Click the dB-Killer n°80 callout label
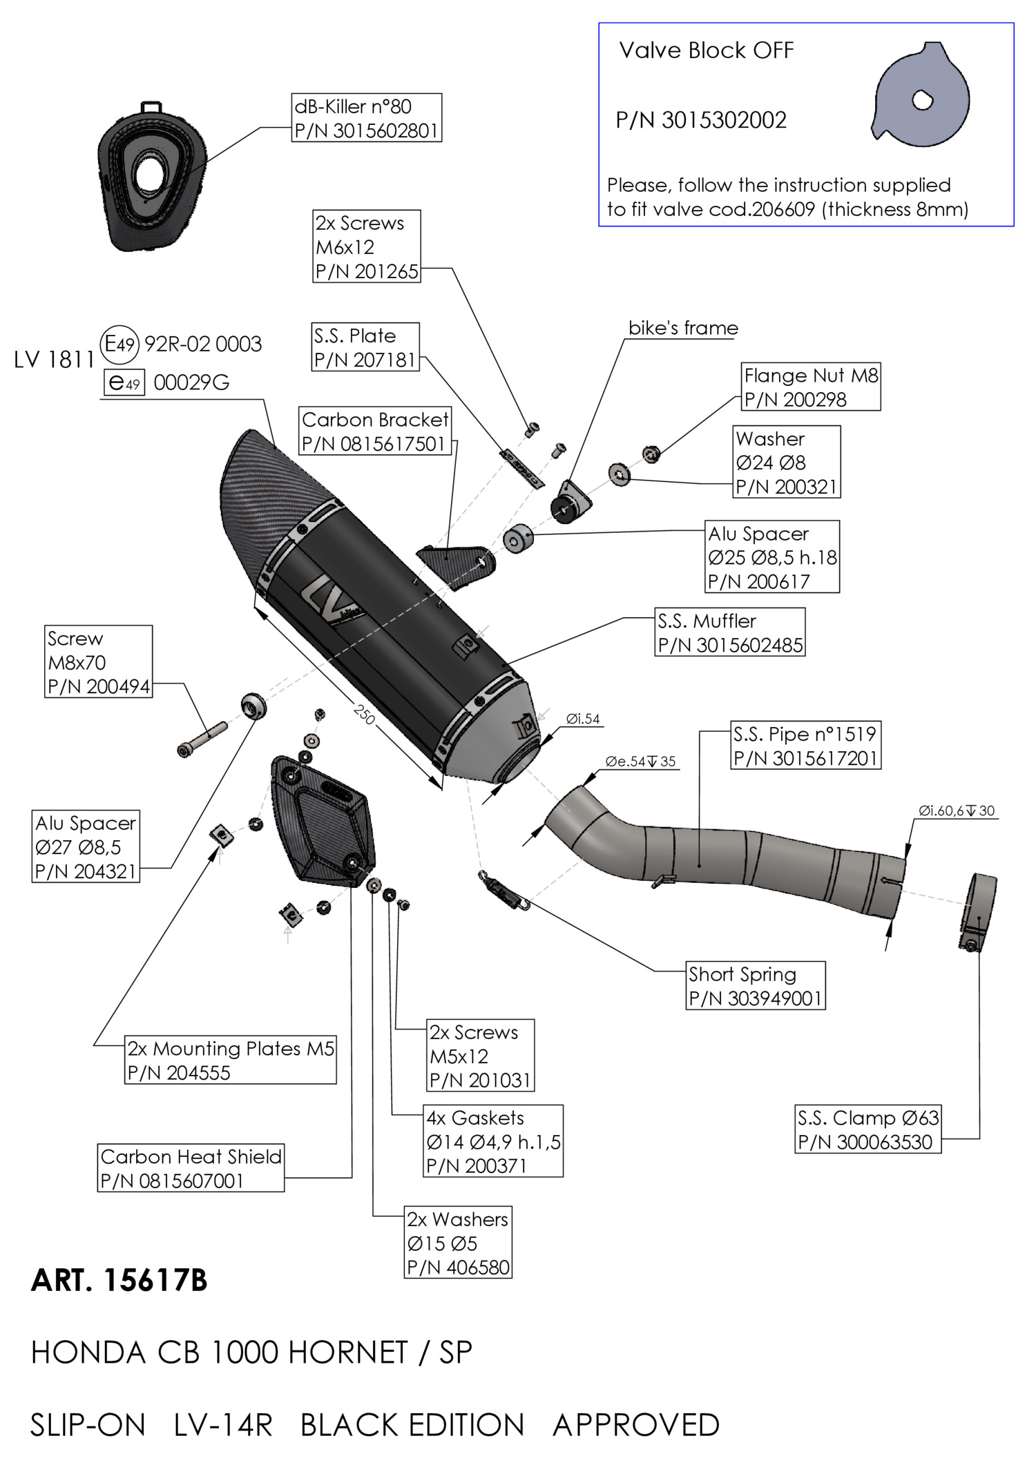tap(367, 118)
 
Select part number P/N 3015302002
tap(701, 121)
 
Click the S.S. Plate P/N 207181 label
tap(365, 347)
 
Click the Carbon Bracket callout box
tap(376, 431)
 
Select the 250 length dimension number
tap(364, 714)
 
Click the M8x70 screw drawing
tap(202, 739)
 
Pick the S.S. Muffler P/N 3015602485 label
tap(730, 632)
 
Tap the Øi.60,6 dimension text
tap(956, 811)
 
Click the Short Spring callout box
tap(756, 986)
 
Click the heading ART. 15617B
tap(119, 1281)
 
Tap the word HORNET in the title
tap(348, 1352)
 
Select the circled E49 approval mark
tap(121, 344)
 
